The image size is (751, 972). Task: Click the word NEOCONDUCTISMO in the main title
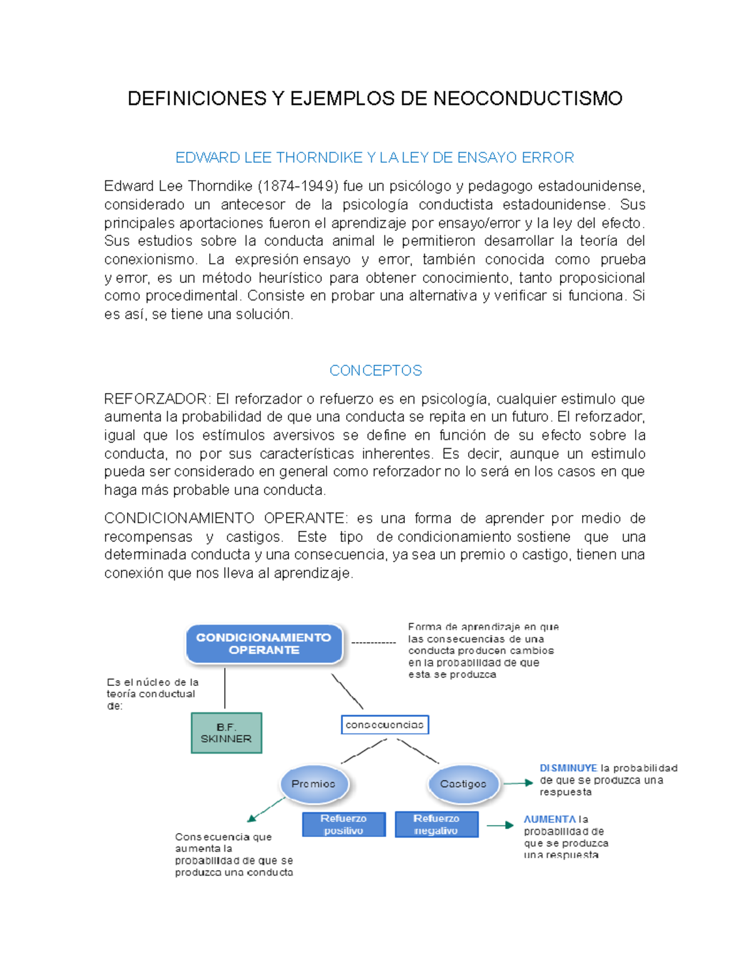click(528, 99)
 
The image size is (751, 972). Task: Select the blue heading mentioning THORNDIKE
click(375, 158)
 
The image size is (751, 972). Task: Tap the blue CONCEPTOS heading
click(375, 371)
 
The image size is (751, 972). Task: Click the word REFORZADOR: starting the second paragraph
click(157, 399)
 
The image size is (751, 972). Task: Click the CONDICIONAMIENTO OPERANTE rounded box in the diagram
click(264, 643)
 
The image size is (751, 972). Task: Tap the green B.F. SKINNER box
click(226, 733)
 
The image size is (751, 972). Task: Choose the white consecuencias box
click(385, 725)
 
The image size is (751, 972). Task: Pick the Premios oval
click(314, 784)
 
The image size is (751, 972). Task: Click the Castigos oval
click(463, 784)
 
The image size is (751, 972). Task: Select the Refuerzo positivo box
click(344, 824)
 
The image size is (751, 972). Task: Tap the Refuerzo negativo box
click(436, 824)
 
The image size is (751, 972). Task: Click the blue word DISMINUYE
click(568, 768)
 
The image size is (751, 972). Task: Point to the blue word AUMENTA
click(549, 819)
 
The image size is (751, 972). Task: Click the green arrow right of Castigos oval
click(518, 783)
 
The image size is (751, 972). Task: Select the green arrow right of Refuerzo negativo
click(500, 826)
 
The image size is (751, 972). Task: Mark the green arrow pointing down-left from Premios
click(266, 809)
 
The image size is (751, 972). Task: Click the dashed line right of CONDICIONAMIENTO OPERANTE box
click(374, 643)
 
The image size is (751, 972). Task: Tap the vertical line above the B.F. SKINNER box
click(225, 688)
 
